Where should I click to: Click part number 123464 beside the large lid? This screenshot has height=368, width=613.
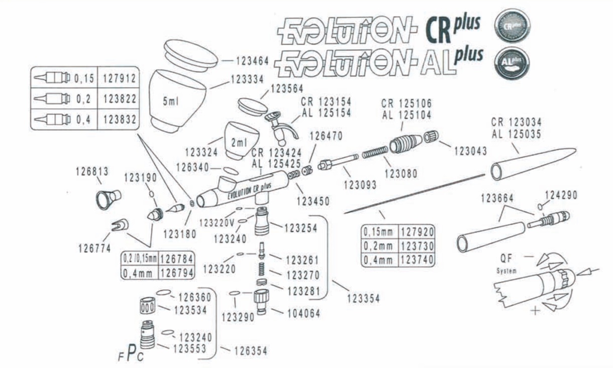point(253,61)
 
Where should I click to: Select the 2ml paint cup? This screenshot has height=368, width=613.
point(240,141)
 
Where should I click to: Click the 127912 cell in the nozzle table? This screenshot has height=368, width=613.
point(120,79)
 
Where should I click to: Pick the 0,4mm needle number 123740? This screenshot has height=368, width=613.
point(417,260)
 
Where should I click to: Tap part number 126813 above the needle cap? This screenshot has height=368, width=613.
point(92,171)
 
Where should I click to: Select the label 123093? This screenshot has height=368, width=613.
point(360,184)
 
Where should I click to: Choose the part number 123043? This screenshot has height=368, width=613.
point(470,150)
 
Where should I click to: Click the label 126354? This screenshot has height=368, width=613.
point(250,351)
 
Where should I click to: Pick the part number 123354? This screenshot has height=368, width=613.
point(363,299)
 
